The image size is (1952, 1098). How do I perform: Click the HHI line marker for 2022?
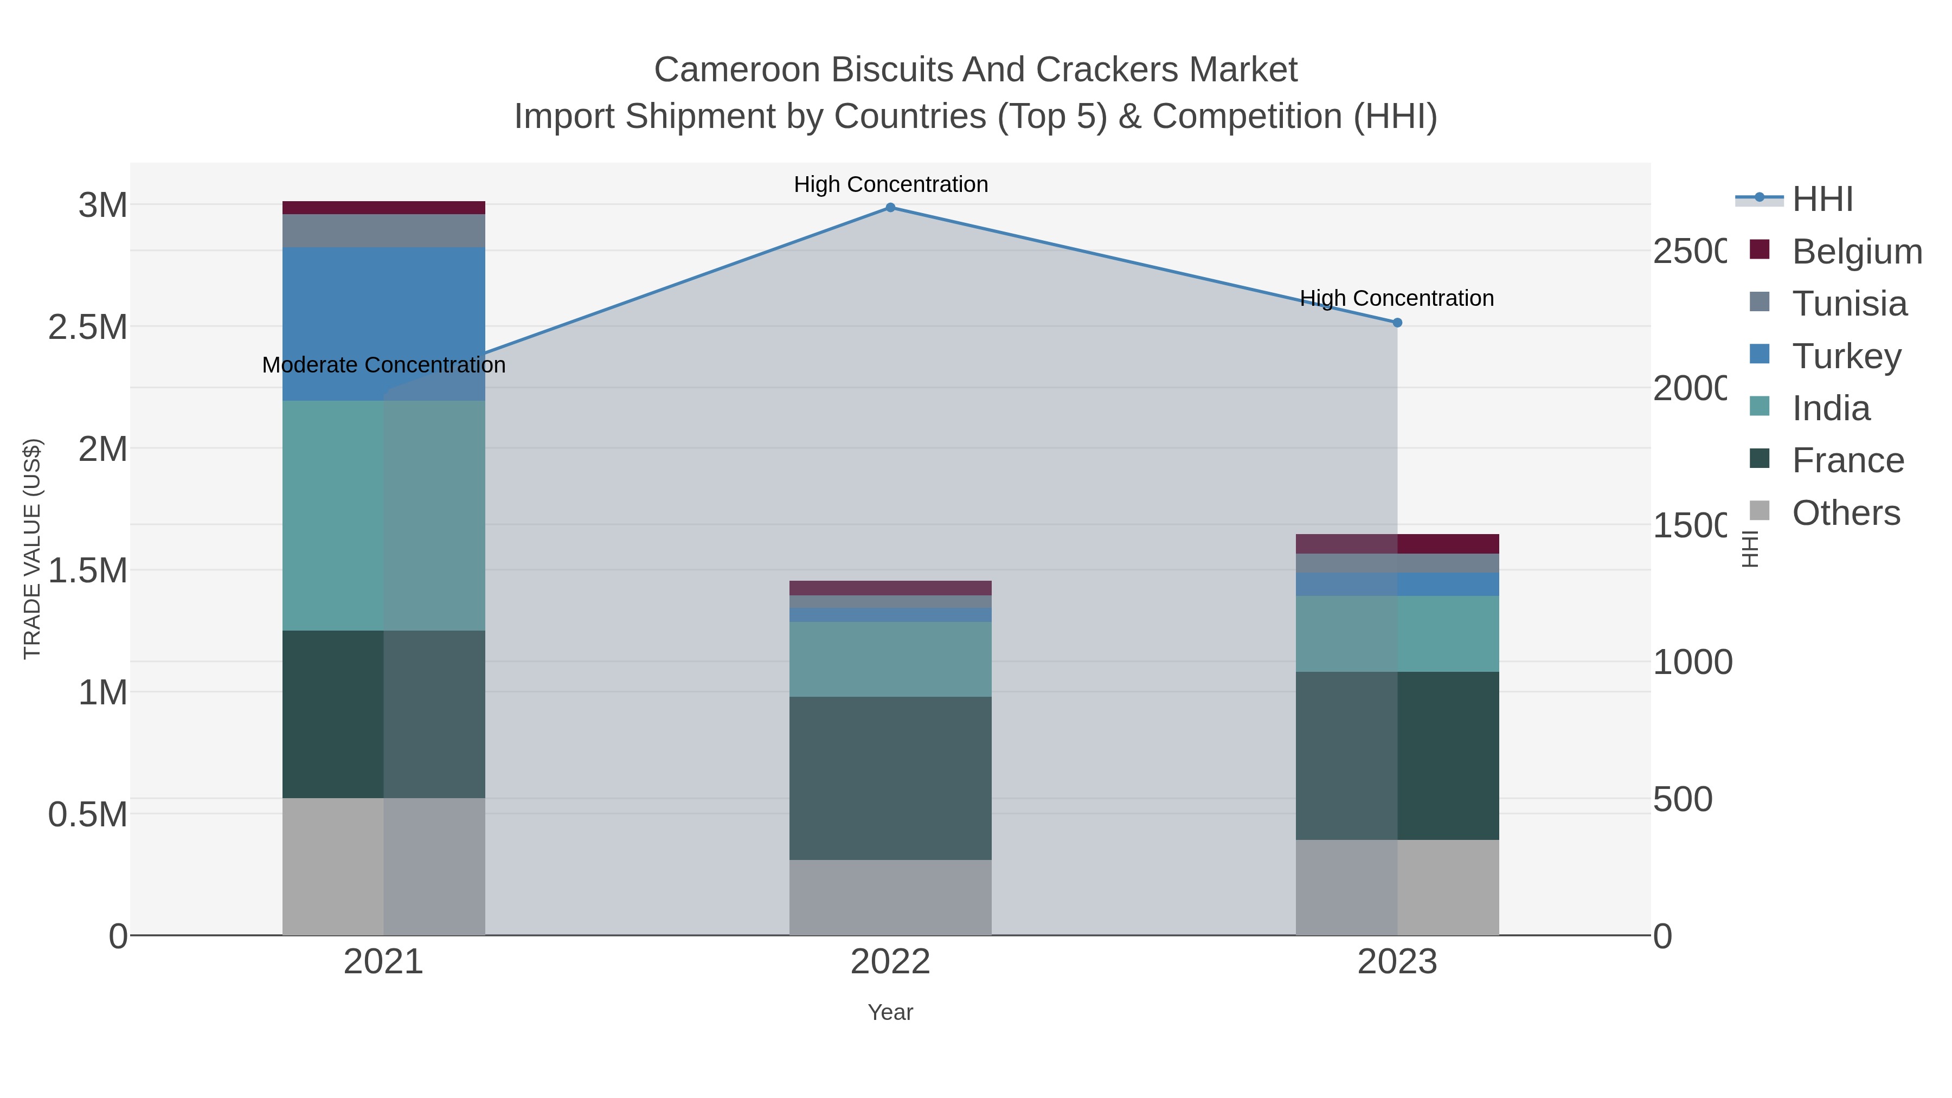(x=890, y=208)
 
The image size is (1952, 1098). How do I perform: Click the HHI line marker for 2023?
(x=1397, y=323)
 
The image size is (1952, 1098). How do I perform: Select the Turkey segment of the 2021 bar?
(x=383, y=324)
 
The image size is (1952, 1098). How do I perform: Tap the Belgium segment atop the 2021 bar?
(x=383, y=208)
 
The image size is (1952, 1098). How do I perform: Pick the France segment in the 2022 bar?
(x=890, y=778)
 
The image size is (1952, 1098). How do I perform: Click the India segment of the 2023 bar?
(x=1397, y=633)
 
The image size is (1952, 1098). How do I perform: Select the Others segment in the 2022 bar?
(x=890, y=897)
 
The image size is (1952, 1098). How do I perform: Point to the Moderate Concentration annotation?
(x=383, y=365)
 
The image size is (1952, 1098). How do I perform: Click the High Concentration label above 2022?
(x=890, y=185)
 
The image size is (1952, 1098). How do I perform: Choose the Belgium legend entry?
(x=1857, y=252)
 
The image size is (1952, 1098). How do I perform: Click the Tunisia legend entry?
(x=1849, y=304)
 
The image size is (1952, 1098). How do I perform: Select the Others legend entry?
(x=1846, y=513)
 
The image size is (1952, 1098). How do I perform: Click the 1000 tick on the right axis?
(x=1691, y=662)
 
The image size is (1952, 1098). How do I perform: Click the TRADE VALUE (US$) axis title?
(x=33, y=549)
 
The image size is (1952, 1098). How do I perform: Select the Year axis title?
(x=890, y=1012)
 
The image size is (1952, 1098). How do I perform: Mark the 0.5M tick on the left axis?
(x=88, y=814)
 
